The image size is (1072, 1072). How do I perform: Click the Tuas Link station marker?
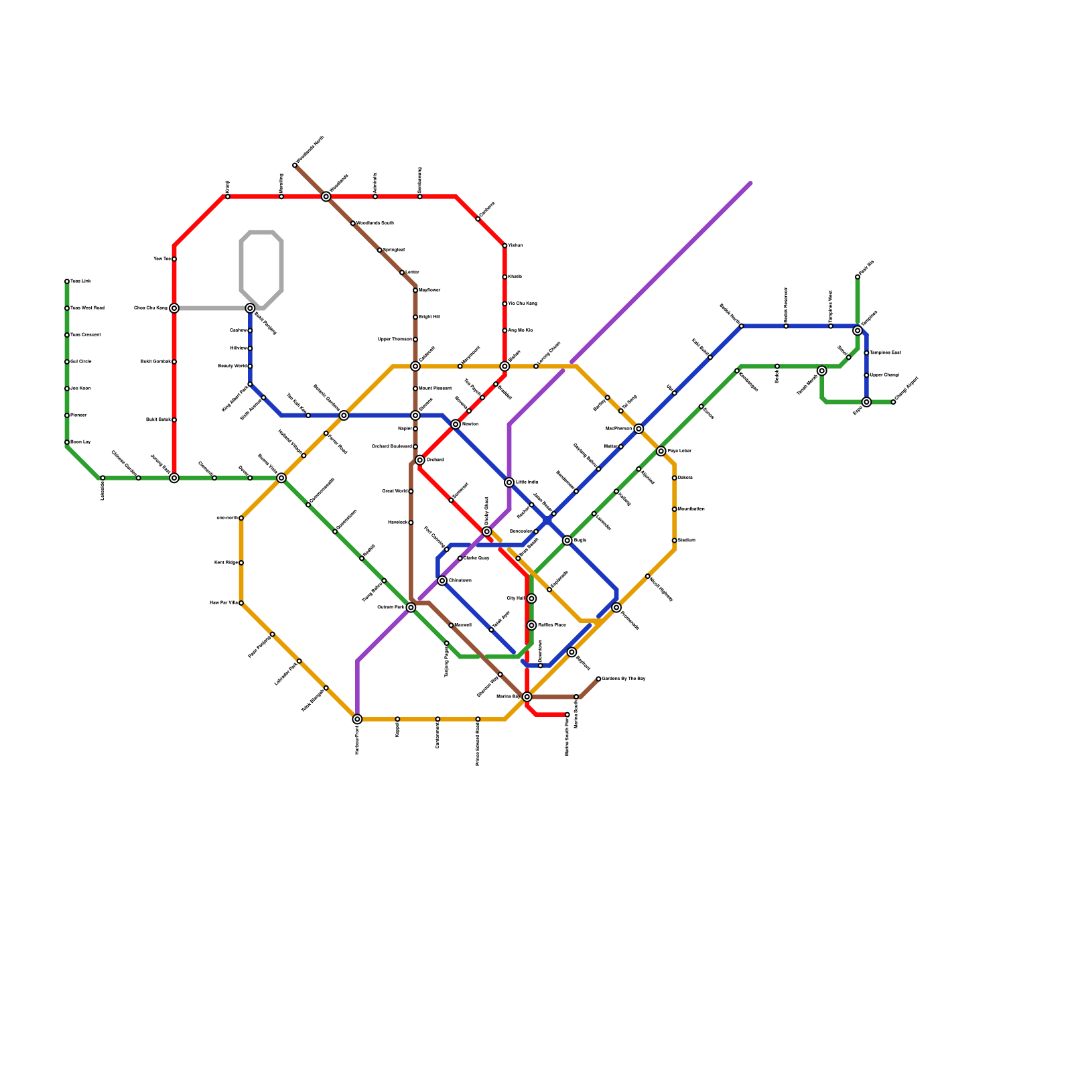[x=67, y=281]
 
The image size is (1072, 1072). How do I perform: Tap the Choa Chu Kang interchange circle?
[x=174, y=308]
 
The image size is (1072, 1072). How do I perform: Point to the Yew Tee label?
[x=162, y=259]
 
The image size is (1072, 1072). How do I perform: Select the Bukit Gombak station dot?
[x=174, y=362]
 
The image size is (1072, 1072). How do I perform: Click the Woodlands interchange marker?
[x=326, y=196]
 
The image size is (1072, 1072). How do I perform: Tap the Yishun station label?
[x=515, y=246]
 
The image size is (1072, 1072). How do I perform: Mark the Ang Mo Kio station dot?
[x=505, y=330]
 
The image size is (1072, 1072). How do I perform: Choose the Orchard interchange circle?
[x=420, y=460]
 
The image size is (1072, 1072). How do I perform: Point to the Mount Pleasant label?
[x=435, y=389]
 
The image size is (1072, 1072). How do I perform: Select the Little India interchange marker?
[x=509, y=482]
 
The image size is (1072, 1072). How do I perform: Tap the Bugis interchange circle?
[x=567, y=541]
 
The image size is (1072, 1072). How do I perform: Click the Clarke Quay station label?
[x=476, y=558]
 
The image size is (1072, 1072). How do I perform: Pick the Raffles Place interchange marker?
[x=531, y=625]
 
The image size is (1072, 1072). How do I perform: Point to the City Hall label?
[x=516, y=598]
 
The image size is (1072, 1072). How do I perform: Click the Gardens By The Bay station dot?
[x=598, y=679]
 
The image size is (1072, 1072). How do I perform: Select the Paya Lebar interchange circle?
[x=661, y=451]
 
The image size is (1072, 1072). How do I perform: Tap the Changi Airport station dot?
[x=893, y=402]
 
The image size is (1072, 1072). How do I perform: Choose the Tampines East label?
[x=885, y=353]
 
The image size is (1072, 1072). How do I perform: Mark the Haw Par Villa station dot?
[x=241, y=603]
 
